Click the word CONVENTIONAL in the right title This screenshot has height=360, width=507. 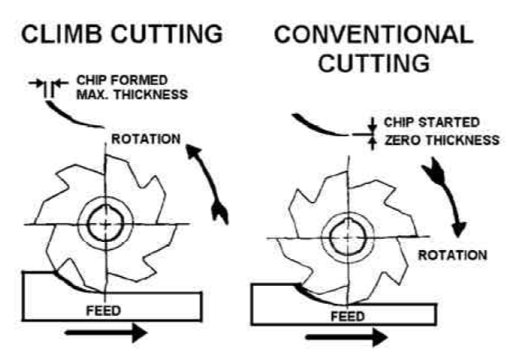coord(373,35)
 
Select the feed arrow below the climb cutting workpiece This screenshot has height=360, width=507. coord(106,331)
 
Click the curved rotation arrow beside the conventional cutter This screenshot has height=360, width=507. coord(443,192)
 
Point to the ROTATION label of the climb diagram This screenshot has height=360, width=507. coord(146,138)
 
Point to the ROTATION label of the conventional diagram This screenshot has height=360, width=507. coord(452,254)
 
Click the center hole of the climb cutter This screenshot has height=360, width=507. coord(105,222)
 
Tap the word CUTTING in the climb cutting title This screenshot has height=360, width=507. coord(172,35)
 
